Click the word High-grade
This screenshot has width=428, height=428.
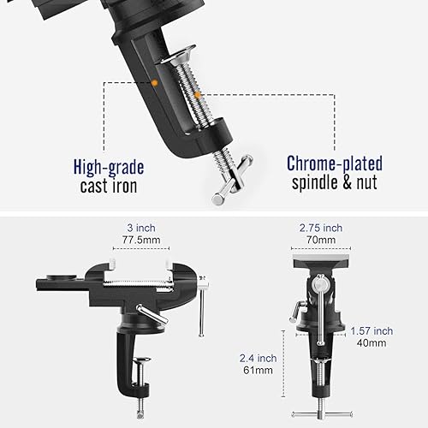[109, 167]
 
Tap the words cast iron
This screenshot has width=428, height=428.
[109, 186]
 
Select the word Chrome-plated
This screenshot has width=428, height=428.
[335, 163]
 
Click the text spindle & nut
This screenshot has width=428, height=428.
[335, 182]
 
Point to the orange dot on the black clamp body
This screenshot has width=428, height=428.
[154, 83]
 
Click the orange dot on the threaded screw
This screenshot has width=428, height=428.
[197, 95]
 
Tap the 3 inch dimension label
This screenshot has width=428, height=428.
[141, 228]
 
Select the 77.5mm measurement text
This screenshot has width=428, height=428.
[141, 240]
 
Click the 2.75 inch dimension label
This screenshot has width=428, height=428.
[321, 228]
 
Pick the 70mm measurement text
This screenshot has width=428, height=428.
[321, 240]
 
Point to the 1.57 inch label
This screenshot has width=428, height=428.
[372, 331]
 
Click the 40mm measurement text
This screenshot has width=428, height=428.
[372, 343]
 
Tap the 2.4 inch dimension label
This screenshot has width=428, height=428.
[259, 358]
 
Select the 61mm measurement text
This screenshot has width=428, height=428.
[259, 370]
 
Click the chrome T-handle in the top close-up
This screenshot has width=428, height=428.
[233, 180]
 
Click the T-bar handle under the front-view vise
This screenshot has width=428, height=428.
[322, 414]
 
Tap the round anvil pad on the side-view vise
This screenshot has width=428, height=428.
[62, 276]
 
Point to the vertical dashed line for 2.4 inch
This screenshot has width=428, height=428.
[283, 364]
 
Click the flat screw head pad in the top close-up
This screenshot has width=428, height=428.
[178, 54]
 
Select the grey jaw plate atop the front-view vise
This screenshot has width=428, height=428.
[322, 261]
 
